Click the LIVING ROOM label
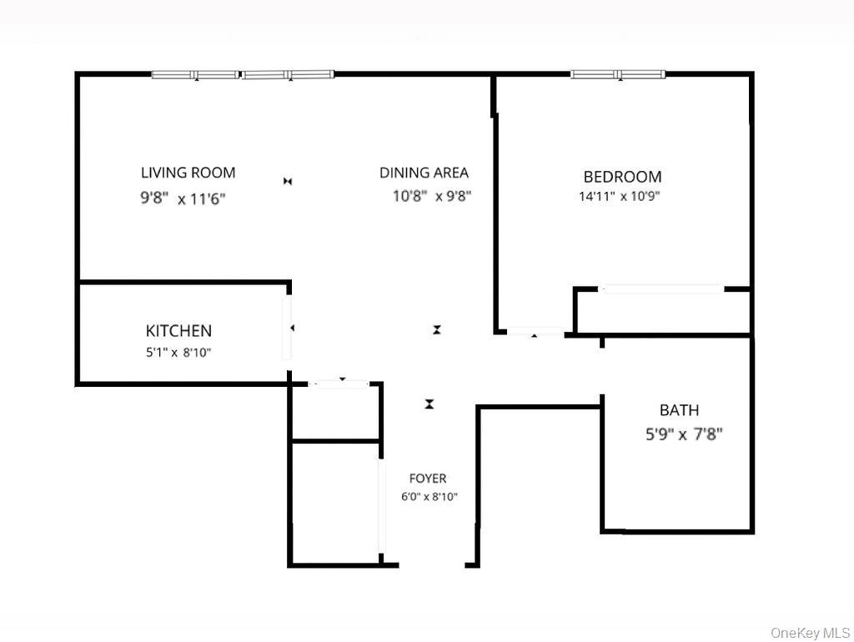click(188, 173)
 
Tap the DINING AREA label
click(424, 173)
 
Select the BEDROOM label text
click(622, 177)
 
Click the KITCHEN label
click(178, 331)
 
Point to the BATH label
click(679, 410)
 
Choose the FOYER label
click(427, 479)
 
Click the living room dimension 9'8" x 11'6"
click(183, 199)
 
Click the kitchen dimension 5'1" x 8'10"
click(178, 353)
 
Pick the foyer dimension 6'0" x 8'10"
click(429, 497)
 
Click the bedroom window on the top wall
click(618, 74)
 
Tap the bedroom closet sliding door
click(662, 289)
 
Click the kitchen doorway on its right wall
click(288, 329)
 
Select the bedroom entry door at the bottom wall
click(535, 332)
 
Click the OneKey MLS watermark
click(810, 632)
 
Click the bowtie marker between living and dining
click(288, 181)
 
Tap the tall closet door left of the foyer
click(382, 504)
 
